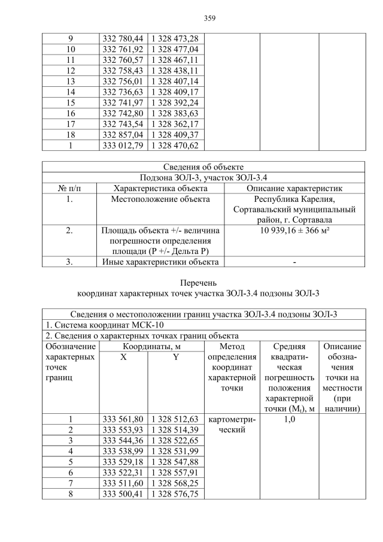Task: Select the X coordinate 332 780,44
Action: (123, 38)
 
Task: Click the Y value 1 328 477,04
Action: (177, 49)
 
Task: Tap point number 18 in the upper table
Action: (71, 135)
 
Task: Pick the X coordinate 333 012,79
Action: (123, 146)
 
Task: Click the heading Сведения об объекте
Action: (203, 166)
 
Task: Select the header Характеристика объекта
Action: (160, 188)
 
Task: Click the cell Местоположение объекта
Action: (160, 199)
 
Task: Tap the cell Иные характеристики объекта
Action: (160, 262)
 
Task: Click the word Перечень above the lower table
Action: (203, 283)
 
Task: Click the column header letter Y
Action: (176, 358)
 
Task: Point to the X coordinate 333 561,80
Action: (123, 419)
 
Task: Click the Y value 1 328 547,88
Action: (177, 462)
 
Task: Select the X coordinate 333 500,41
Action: (123, 493)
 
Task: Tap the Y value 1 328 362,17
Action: (177, 124)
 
